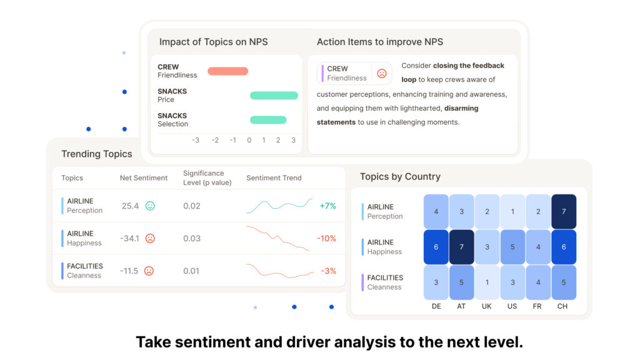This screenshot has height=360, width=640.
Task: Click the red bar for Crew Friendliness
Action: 227,71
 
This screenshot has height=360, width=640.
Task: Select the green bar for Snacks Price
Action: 274,96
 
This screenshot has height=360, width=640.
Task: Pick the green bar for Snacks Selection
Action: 268,119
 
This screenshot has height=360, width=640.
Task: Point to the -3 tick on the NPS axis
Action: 196,140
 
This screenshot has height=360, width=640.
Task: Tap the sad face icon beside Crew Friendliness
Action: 382,74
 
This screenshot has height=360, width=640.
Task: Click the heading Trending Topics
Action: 97,154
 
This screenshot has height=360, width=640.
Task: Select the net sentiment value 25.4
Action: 130,206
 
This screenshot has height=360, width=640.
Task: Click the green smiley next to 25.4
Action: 150,206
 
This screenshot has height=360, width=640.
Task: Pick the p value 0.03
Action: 192,238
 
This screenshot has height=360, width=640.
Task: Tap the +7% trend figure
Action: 327,206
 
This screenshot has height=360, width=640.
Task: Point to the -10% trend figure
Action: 326,238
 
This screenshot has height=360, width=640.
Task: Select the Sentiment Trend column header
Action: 274,178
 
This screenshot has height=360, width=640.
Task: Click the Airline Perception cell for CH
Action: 564,211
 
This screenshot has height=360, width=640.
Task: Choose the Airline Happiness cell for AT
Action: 461,247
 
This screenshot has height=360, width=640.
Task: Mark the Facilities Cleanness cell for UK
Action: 486,282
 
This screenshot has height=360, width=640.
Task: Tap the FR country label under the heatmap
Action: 537,306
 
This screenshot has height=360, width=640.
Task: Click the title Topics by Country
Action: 400,177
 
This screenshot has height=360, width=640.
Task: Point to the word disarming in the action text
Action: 461,108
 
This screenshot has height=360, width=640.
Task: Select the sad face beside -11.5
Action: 149,271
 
